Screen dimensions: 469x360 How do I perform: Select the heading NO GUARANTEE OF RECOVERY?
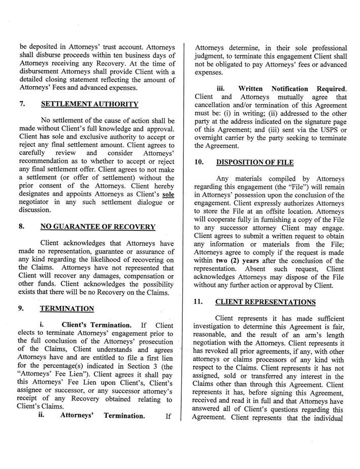(x=98, y=227)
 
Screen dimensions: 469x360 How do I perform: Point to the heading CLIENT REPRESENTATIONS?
(x=265, y=302)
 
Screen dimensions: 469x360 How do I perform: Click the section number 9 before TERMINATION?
(x=22, y=308)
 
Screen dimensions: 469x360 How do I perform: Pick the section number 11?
(x=200, y=302)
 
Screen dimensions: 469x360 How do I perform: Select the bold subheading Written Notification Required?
(x=292, y=88)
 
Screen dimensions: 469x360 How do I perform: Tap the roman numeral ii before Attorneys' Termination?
(x=43, y=415)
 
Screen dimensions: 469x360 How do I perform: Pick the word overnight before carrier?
(x=213, y=137)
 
